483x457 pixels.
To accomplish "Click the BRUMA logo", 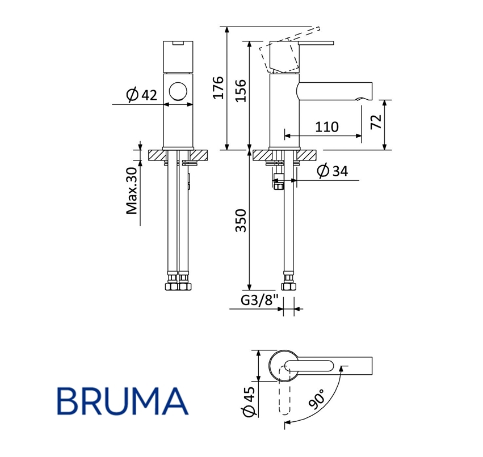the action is point(123,401).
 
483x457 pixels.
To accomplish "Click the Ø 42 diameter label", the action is point(142,95).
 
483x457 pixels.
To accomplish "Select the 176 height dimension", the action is point(218,88).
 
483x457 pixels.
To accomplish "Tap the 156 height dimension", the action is point(241,91).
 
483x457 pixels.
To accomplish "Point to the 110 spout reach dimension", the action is point(326,127).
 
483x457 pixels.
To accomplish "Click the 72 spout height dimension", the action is point(376,121).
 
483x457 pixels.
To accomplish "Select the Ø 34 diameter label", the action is point(333,171).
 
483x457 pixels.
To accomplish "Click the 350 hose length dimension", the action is point(241,221).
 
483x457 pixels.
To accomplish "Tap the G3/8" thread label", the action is point(259,300).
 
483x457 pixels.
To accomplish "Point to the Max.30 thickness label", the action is point(132,191).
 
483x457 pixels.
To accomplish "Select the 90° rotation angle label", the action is point(318,399).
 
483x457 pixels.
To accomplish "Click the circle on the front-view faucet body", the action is point(178,91).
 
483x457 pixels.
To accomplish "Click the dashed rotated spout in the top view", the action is point(284,390).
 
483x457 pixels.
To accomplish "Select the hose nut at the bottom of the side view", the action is point(289,286).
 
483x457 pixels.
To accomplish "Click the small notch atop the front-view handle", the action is point(178,43).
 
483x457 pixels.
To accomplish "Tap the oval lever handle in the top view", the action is point(309,366).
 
